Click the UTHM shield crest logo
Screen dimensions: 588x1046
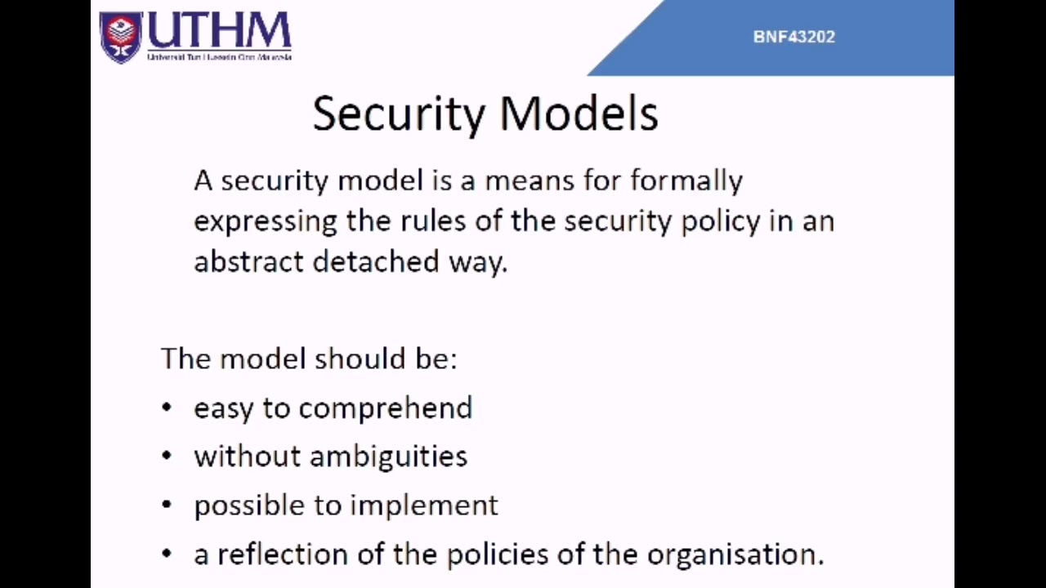(x=120, y=37)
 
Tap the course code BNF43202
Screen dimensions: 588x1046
(x=793, y=37)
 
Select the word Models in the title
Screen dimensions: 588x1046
(x=579, y=114)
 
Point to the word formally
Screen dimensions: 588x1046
(x=686, y=180)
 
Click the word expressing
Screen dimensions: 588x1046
(x=265, y=221)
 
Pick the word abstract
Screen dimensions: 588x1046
(x=248, y=261)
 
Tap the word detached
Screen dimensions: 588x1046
(x=376, y=261)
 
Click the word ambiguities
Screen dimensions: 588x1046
(x=388, y=457)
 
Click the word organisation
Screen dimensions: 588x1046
(x=735, y=555)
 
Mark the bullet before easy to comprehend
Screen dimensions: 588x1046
(x=167, y=408)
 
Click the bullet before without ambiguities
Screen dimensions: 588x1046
(x=167, y=456)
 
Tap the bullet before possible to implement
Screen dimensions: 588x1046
(x=167, y=505)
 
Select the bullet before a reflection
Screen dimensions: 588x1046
(x=167, y=554)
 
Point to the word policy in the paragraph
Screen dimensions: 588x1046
(x=720, y=221)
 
